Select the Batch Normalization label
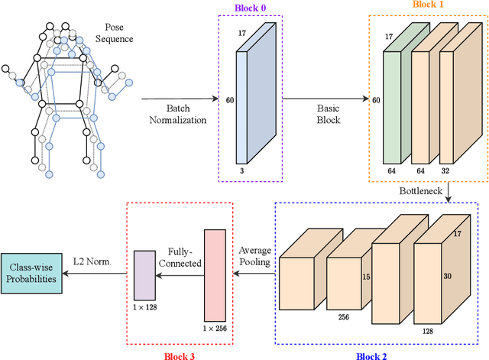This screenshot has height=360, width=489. (x=178, y=113)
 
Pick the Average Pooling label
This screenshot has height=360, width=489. (x=254, y=256)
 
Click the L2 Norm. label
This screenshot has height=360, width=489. (x=92, y=262)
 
